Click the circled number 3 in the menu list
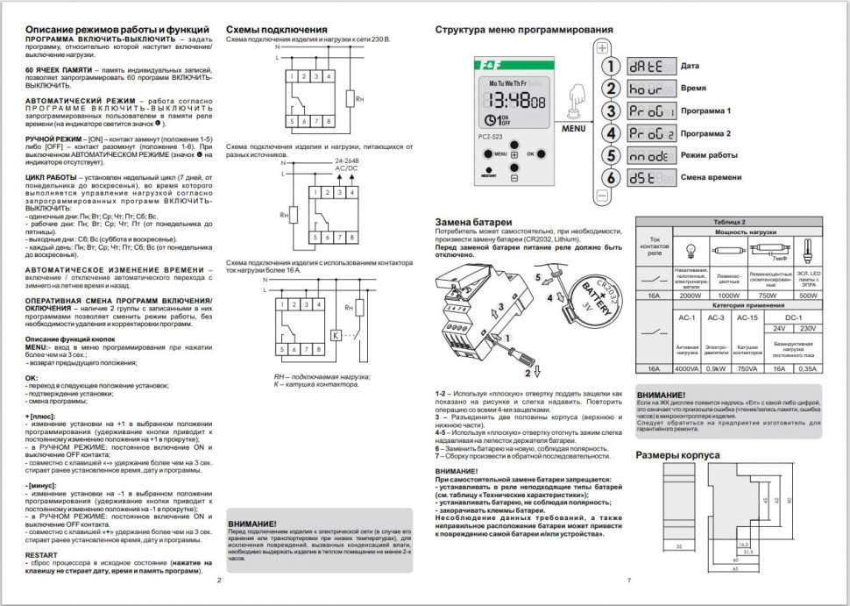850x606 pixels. point(610,111)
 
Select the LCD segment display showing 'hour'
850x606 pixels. point(650,89)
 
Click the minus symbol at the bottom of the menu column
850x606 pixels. point(602,196)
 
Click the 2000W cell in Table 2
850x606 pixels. point(691,296)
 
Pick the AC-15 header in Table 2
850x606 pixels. point(748,317)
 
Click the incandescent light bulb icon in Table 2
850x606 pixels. point(690,248)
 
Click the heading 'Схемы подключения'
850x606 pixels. point(277,30)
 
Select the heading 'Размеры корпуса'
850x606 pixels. point(677,455)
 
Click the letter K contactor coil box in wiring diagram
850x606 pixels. point(336,334)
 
